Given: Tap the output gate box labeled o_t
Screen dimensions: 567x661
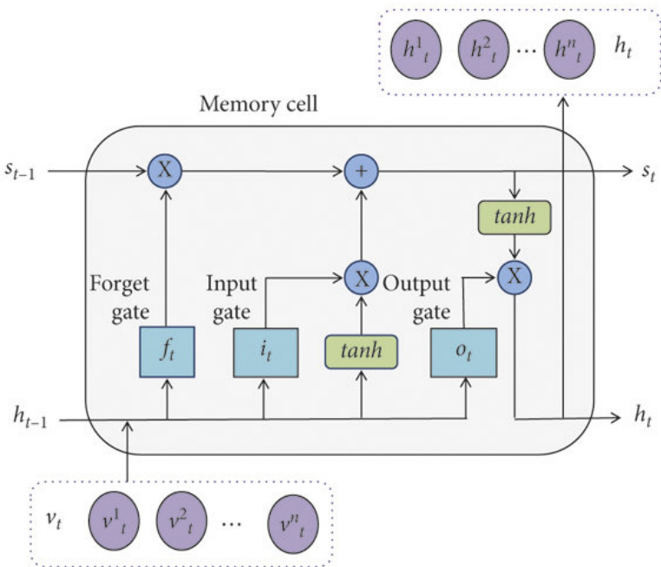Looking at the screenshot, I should coord(463,353).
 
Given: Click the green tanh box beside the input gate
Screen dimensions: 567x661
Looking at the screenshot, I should coord(361,353).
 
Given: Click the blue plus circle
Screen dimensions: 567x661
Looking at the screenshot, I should coord(359,170).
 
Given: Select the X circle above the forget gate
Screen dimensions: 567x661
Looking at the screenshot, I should coord(166,170).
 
